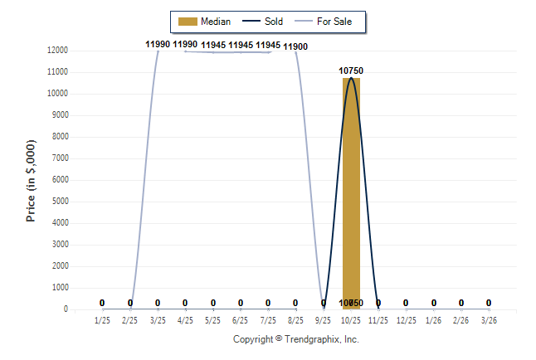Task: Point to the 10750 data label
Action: click(x=351, y=71)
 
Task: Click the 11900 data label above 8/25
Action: click(x=295, y=46)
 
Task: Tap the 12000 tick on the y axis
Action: click(x=57, y=51)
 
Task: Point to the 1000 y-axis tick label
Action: click(x=60, y=288)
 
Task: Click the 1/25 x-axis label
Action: click(x=102, y=319)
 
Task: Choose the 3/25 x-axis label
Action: click(x=158, y=319)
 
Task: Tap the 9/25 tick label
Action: click(x=324, y=319)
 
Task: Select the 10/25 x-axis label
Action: click(x=351, y=319)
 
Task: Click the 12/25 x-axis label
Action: click(x=406, y=319)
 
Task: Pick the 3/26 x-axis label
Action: click(x=489, y=319)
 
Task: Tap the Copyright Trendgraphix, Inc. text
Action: click(x=295, y=339)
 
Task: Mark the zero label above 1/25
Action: click(x=102, y=303)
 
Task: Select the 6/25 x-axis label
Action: click(x=241, y=319)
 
